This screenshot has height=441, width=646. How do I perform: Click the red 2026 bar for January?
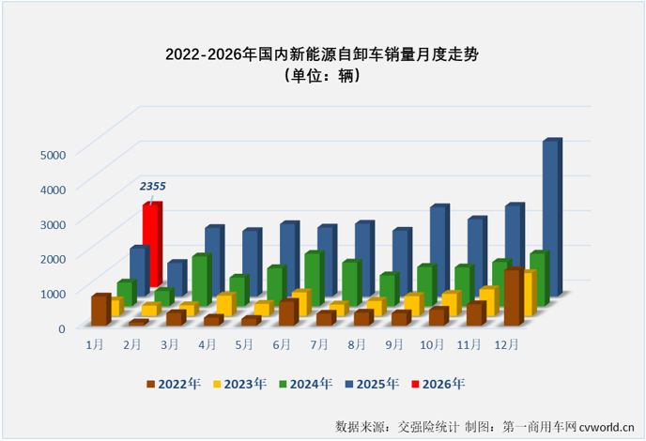click(151, 244)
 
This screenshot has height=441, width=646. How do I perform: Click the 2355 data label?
click(156, 187)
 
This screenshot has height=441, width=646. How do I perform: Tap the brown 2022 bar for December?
click(512, 297)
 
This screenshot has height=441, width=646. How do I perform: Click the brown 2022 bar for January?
click(99, 311)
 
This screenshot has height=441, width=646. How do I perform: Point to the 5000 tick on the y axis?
click(53, 154)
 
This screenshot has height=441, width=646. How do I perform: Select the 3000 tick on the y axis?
click(53, 223)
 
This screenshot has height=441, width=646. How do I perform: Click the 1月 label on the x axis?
click(94, 345)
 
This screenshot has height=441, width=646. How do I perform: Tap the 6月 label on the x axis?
click(281, 345)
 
